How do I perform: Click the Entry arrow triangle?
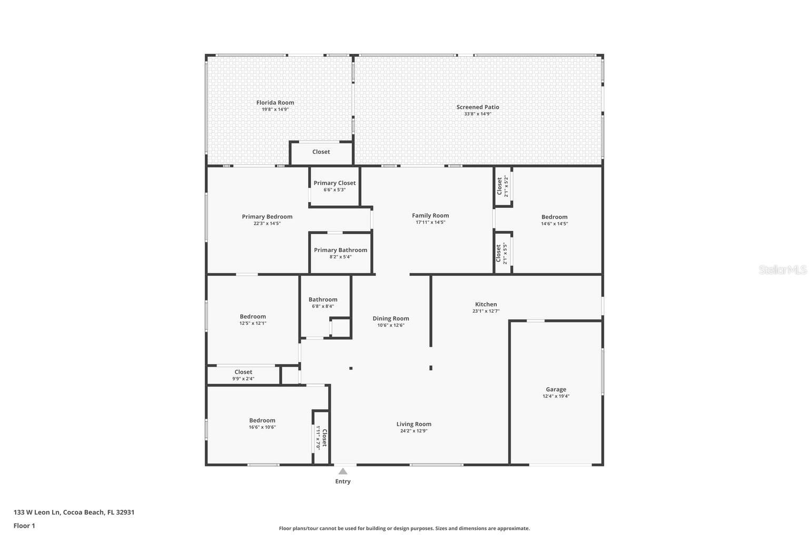pyautogui.click(x=343, y=471)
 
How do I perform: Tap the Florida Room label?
pyautogui.click(x=275, y=103)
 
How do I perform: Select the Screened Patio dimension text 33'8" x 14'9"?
pyautogui.click(x=478, y=114)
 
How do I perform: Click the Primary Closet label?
pyautogui.click(x=334, y=183)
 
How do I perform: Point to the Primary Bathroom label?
pyautogui.click(x=341, y=250)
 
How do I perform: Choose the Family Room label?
pyautogui.click(x=430, y=215)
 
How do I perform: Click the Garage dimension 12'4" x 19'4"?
pyautogui.click(x=556, y=396)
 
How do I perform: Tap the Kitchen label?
pyautogui.click(x=486, y=304)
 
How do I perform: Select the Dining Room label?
pyautogui.click(x=391, y=318)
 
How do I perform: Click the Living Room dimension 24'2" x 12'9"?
pyautogui.click(x=414, y=431)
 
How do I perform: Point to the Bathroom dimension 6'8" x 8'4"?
pyautogui.click(x=323, y=306)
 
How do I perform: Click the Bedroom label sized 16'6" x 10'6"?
pyautogui.click(x=262, y=421)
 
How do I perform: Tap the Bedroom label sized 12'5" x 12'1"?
pyautogui.click(x=253, y=317)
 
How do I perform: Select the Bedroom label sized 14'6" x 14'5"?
pyautogui.click(x=555, y=217)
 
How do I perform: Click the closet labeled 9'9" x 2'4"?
pyautogui.click(x=243, y=372)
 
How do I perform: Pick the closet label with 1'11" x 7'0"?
pyautogui.click(x=324, y=438)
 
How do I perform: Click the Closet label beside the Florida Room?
pyautogui.click(x=321, y=152)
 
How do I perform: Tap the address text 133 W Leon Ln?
pyautogui.click(x=36, y=512)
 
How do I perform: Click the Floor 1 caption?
pyautogui.click(x=24, y=526)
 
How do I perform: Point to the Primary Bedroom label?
pyautogui.click(x=267, y=217)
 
